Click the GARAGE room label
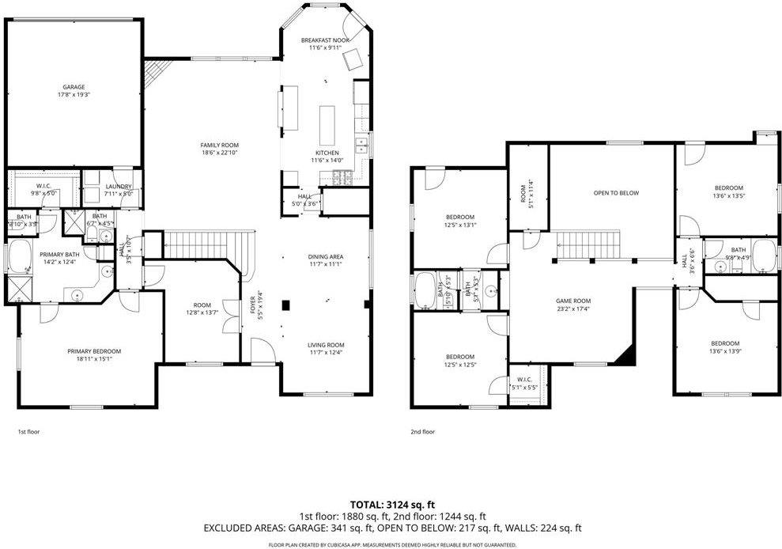coord(74,87)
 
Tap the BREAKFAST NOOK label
coord(325,40)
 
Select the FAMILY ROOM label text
coord(219,145)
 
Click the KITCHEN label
coord(327,153)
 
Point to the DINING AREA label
coord(325,256)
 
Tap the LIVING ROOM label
coord(325,345)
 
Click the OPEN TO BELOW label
coord(616,193)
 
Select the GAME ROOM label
coord(573,301)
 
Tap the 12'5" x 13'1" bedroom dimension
coord(459,225)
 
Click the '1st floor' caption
coord(28,432)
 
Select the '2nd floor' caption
coord(422,432)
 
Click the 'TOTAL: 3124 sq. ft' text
coord(391,505)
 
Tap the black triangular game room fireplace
coord(627,357)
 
